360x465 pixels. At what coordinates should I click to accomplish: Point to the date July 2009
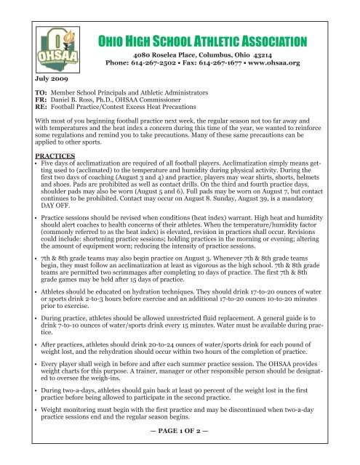[34, 76]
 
